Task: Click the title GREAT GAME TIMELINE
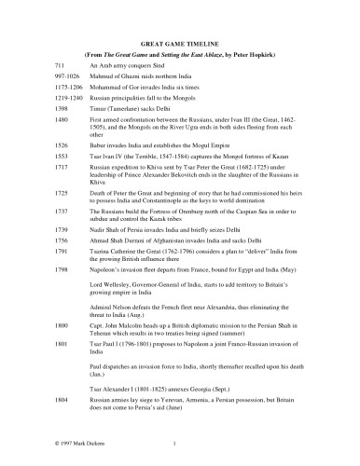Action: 180,44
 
